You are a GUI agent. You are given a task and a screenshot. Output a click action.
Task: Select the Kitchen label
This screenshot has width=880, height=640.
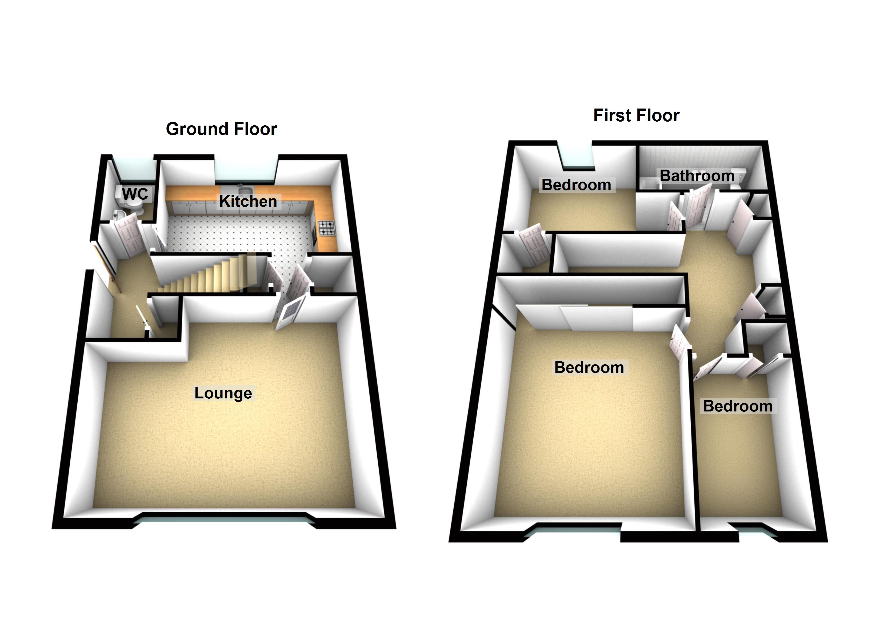pyautogui.click(x=248, y=201)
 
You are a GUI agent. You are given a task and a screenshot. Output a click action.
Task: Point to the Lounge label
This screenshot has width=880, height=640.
pyautogui.click(x=223, y=393)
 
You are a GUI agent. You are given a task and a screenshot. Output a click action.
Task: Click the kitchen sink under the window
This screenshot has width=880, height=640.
pyautogui.click(x=245, y=190)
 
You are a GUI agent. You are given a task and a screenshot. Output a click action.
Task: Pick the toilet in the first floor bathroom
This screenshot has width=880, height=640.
pyautogui.click(x=735, y=181)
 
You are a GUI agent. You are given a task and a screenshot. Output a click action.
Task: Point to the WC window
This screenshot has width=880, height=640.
pyautogui.click(x=134, y=171)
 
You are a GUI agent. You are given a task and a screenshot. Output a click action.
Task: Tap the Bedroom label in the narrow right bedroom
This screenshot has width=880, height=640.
pyautogui.click(x=738, y=406)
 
